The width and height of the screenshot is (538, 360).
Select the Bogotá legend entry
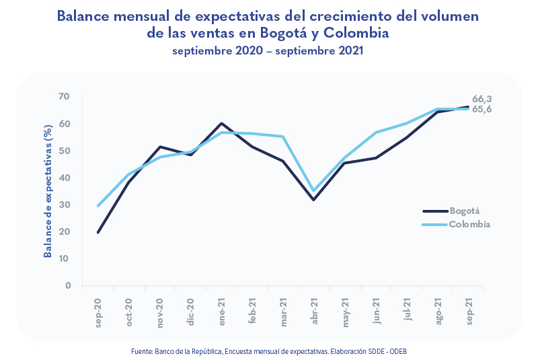(x=465, y=211)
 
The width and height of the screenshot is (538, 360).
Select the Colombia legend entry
(x=469, y=224)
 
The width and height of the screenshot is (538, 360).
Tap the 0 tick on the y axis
(x=67, y=286)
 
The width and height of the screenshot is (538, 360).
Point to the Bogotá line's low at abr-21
(x=314, y=199)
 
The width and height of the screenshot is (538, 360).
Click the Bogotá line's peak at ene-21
(x=221, y=124)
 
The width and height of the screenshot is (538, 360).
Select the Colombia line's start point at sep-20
(x=98, y=206)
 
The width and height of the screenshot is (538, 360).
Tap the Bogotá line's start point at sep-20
(x=98, y=232)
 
